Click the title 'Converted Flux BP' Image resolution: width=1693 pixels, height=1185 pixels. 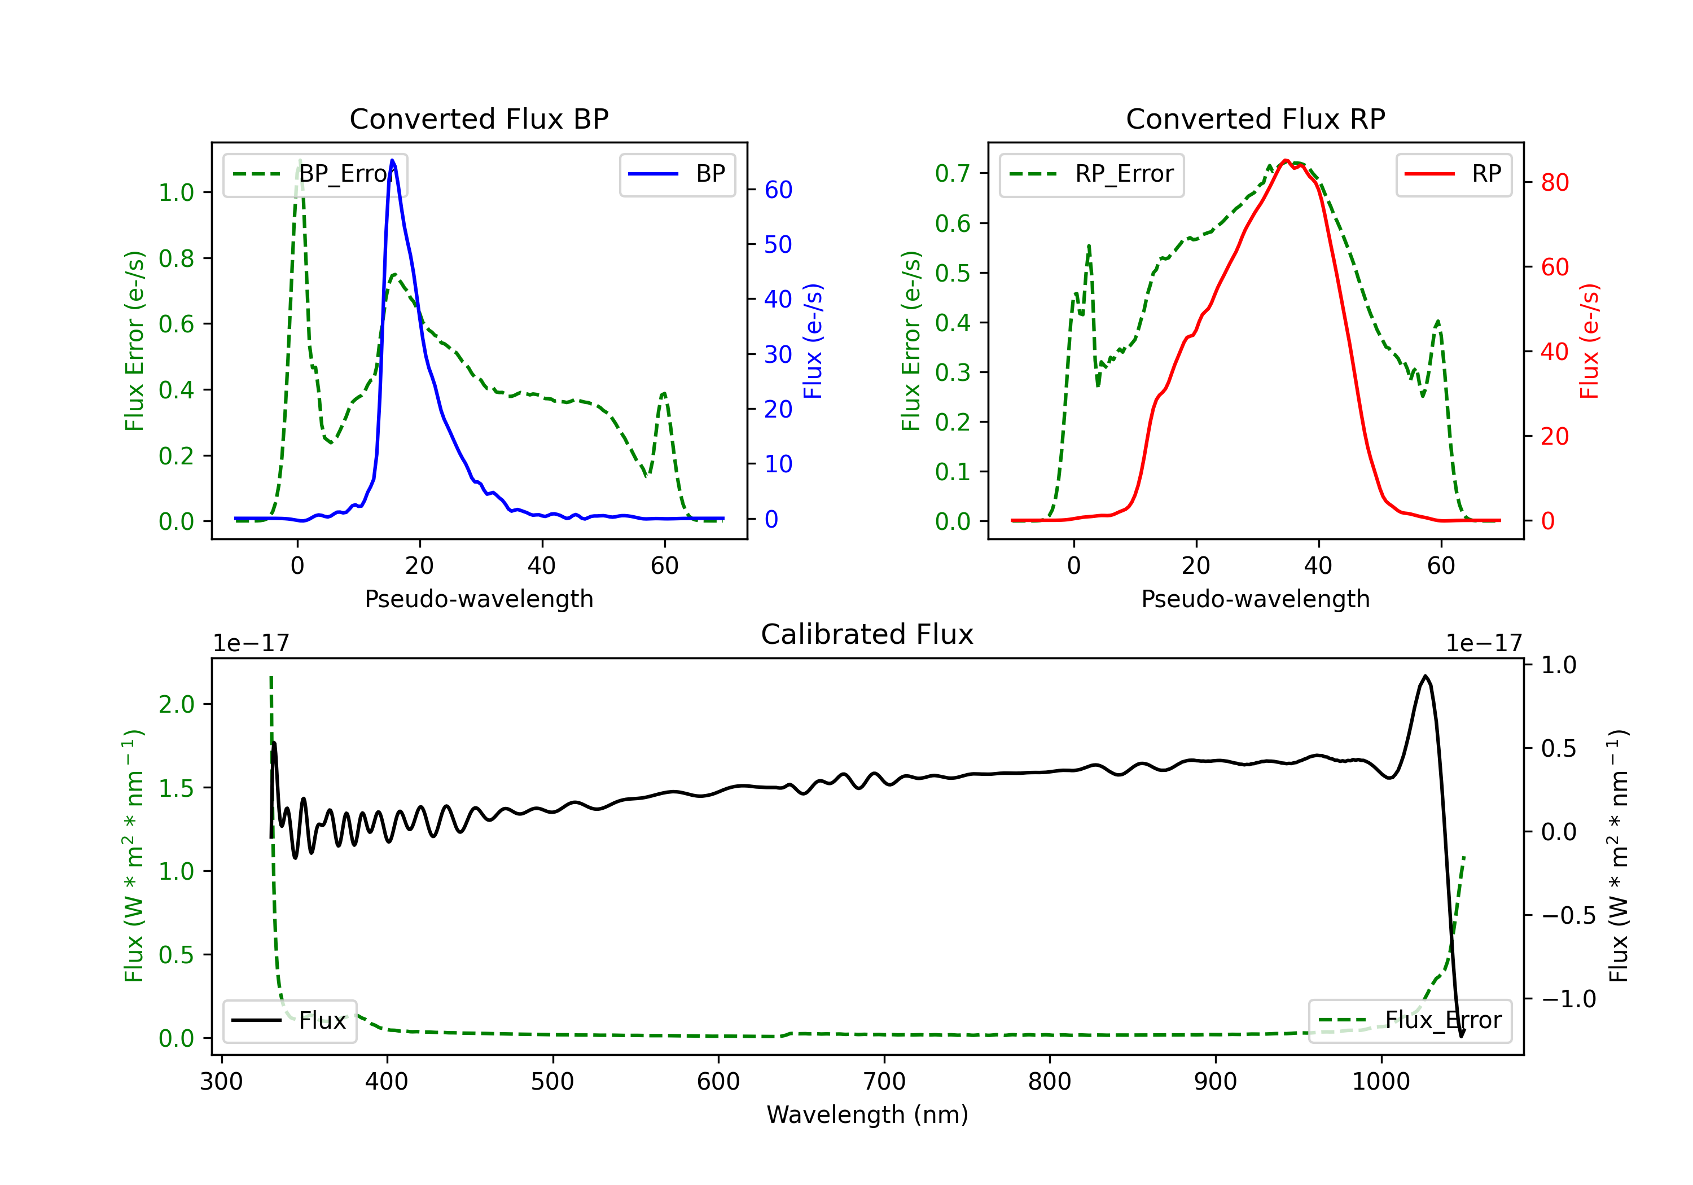(x=479, y=118)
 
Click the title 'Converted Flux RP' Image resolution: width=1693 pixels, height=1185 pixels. (x=1255, y=118)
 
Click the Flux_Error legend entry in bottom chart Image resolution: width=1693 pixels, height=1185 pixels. (x=1410, y=1021)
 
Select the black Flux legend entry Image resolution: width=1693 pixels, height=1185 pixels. (x=290, y=1021)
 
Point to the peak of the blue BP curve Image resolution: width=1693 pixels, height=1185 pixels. (x=392, y=161)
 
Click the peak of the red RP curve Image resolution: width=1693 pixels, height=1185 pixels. (x=1285, y=161)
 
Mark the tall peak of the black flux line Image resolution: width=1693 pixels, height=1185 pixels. (x=1426, y=676)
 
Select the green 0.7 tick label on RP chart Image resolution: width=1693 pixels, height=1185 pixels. (x=952, y=174)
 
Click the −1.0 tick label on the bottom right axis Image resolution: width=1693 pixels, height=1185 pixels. (x=1568, y=999)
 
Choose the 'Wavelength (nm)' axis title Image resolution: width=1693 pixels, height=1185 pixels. (x=867, y=1115)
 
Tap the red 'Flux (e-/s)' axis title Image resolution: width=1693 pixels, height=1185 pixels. (x=1590, y=341)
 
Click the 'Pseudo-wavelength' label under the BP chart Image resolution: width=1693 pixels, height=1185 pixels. (x=479, y=599)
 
